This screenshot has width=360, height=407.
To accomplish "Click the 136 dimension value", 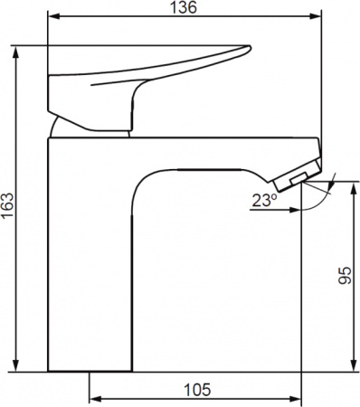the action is [184, 7].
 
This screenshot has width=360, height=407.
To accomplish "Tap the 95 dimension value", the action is [345, 275].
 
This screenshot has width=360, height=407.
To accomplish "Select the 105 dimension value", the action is [197, 390].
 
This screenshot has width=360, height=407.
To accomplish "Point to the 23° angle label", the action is [265, 201].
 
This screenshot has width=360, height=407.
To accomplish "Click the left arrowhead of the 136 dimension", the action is [54, 17].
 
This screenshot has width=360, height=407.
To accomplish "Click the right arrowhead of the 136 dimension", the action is [315, 17].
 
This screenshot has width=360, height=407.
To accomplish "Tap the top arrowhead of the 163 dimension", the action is [16, 52].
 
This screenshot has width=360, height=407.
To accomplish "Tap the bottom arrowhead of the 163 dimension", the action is [16, 365].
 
